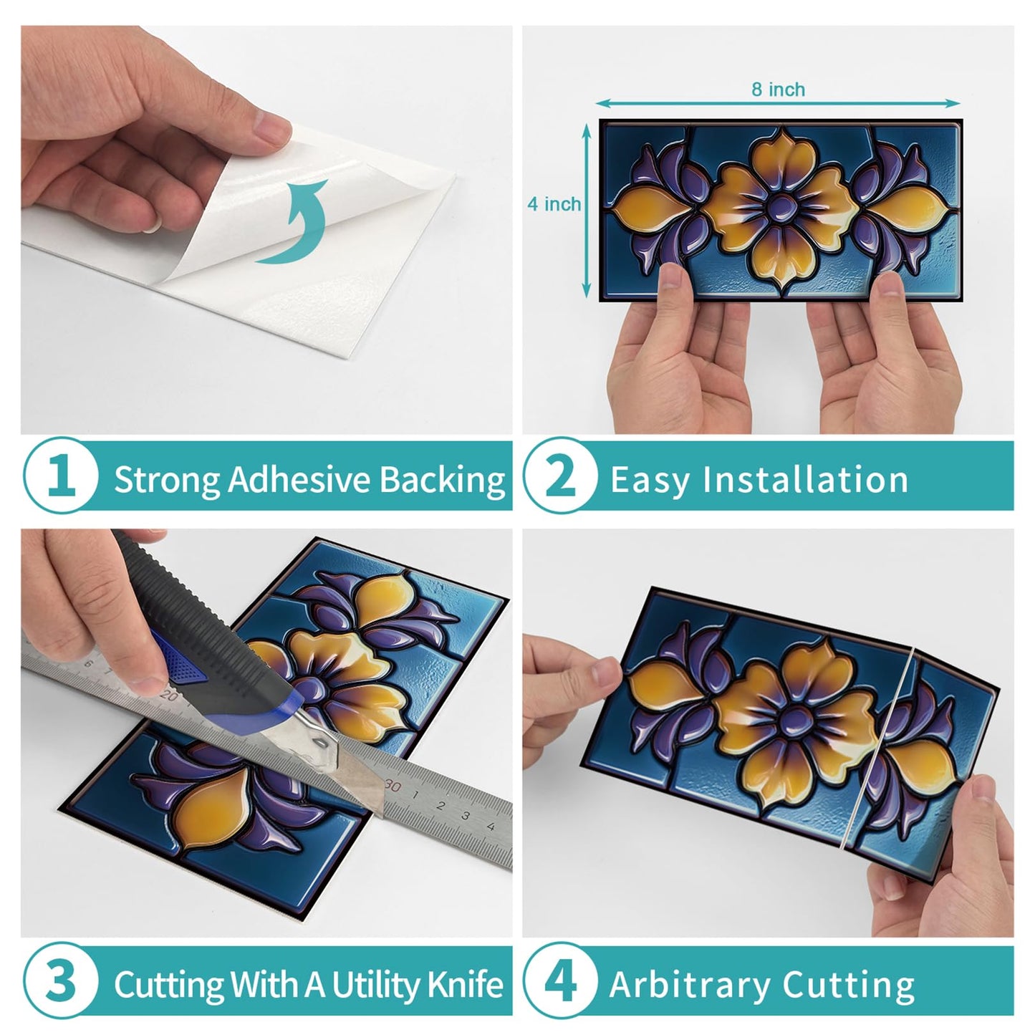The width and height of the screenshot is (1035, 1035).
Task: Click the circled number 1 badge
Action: [x=61, y=476]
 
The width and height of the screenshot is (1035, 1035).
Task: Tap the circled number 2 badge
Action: [x=562, y=476]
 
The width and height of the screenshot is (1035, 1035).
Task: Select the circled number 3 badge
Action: [x=61, y=981]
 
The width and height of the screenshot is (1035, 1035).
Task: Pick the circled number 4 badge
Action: [x=562, y=981]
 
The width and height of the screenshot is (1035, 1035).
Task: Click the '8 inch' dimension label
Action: [x=778, y=89]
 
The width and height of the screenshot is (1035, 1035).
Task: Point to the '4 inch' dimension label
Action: [x=554, y=204]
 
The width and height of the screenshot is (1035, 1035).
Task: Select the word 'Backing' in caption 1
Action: [x=443, y=480]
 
